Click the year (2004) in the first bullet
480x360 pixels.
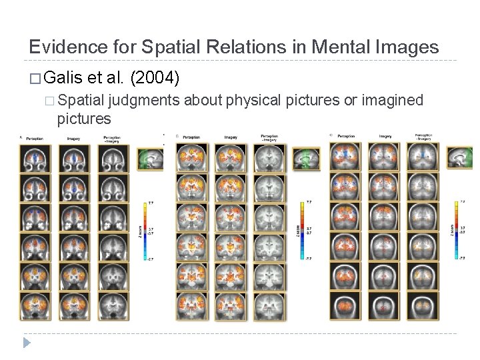[x=155, y=79]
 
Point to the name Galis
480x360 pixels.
[x=66, y=79]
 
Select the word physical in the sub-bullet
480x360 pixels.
[x=254, y=100]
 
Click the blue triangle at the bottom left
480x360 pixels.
[x=27, y=343]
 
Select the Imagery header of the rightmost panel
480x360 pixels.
[x=385, y=136]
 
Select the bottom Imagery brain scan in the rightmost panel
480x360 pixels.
[x=385, y=306]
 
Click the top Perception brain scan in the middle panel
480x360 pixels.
[x=192, y=157]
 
